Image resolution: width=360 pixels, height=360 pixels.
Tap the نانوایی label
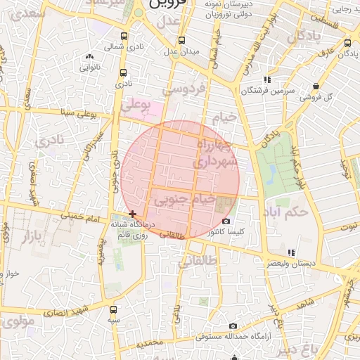pyautogui.click(x=89, y=68)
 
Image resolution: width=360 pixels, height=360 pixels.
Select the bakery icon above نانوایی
pyautogui.click(x=89, y=58)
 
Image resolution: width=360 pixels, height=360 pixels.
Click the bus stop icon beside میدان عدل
pyautogui.click(x=182, y=40)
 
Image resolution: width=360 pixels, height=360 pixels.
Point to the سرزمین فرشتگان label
pyautogui.click(x=266, y=90)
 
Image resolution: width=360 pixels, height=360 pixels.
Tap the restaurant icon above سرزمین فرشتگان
pyautogui.click(x=266, y=79)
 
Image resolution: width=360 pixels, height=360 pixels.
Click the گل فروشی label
pyautogui.click(x=319, y=96)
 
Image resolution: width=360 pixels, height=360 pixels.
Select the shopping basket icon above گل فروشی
pyautogui.click(x=318, y=86)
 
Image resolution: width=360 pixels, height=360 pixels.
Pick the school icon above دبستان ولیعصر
pyautogui.click(x=290, y=252)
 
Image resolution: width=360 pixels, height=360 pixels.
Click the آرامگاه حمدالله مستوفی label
pyautogui.click(x=232, y=337)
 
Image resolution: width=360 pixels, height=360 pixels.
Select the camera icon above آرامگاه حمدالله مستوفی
pyautogui.click(x=233, y=326)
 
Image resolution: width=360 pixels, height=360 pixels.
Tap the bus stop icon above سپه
pyautogui.click(x=113, y=309)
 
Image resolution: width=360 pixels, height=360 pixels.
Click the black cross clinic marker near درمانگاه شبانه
pyautogui.click(x=132, y=213)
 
